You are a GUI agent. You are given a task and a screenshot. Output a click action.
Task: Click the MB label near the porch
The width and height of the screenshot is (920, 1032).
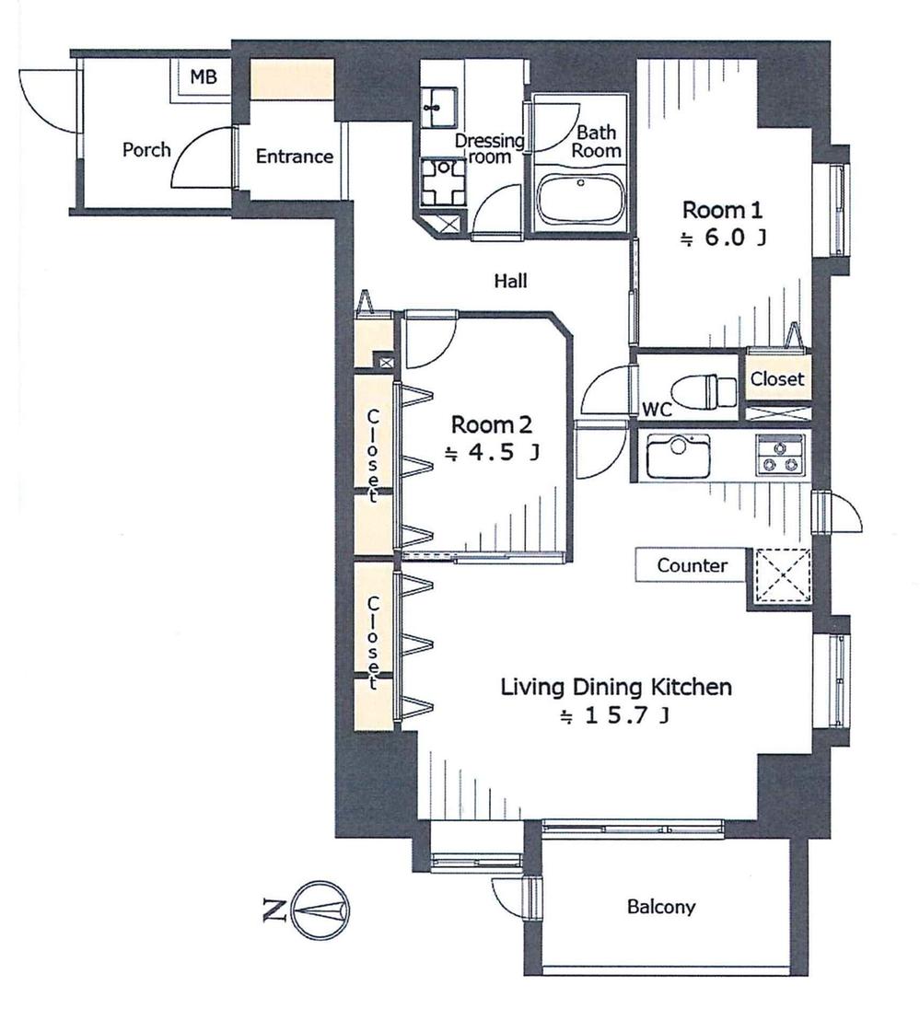point(204,77)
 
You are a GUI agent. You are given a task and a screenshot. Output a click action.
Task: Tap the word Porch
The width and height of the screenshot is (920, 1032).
point(146,149)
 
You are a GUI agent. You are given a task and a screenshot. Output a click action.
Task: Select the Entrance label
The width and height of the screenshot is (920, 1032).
point(294,157)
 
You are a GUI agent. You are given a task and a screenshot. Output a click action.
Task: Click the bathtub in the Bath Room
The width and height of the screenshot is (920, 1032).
point(580,199)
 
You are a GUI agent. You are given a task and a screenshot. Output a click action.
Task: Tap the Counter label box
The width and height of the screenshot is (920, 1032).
point(692,566)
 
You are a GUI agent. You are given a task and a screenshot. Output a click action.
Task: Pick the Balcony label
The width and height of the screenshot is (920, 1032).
point(660,907)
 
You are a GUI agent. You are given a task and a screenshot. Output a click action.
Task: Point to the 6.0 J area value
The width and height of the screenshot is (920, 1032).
point(723,238)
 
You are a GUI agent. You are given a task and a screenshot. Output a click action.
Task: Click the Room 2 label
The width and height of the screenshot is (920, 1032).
point(492,425)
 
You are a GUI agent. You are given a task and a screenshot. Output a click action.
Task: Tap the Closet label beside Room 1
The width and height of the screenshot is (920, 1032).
point(777,378)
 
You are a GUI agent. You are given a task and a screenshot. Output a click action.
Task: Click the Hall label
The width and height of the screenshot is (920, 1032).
point(510,282)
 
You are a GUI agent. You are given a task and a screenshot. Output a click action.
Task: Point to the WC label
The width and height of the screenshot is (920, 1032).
point(657,409)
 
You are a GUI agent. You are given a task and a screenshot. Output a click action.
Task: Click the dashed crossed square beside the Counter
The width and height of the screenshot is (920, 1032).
point(782,578)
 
